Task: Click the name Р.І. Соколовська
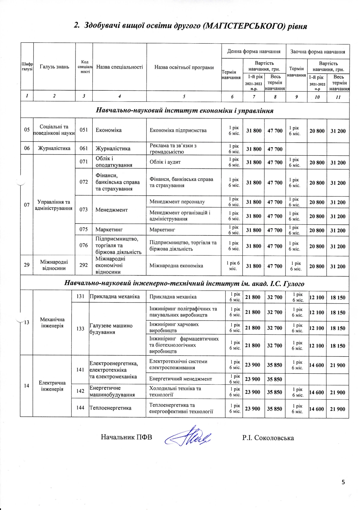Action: click(x=268, y=438)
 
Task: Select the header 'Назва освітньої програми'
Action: click(x=184, y=67)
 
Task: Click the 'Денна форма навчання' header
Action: click(x=254, y=51)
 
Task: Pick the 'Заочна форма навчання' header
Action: click(x=318, y=52)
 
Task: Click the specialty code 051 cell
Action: click(x=84, y=130)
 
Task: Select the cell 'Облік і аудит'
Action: click(x=165, y=162)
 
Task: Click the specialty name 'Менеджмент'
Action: click(x=111, y=210)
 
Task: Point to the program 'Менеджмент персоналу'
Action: click(x=177, y=202)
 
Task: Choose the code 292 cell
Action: click(x=84, y=265)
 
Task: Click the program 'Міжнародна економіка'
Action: click(x=176, y=266)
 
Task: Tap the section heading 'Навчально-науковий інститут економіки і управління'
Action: click(x=185, y=110)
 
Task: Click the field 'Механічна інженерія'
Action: click(x=52, y=323)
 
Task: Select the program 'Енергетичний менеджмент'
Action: click(x=181, y=379)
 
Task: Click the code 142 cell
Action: click(x=80, y=391)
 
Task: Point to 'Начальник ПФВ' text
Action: click(x=126, y=437)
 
